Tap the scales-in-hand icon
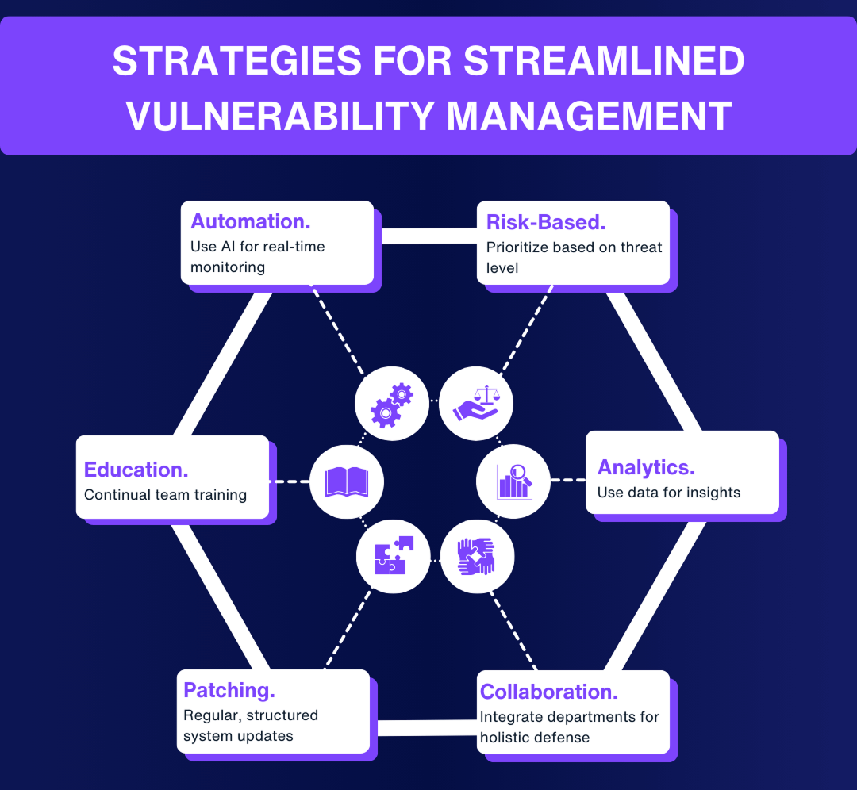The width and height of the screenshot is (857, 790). coord(476,403)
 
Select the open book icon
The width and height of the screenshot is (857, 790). coord(347,481)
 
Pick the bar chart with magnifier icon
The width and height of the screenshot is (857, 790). coord(513,481)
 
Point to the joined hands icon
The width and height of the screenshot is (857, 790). coord(476,555)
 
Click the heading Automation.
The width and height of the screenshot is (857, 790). coord(250,221)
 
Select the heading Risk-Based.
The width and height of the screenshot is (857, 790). coord(546,222)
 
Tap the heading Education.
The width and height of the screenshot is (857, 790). coord(136,469)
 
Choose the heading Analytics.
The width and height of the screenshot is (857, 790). coord(646,466)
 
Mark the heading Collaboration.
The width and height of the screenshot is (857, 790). coord(549,692)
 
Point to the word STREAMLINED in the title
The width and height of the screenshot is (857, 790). coord(604,62)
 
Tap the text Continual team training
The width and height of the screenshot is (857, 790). coord(165,495)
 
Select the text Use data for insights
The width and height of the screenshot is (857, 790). coord(668,493)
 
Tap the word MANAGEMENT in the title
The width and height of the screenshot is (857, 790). coord(588,117)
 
